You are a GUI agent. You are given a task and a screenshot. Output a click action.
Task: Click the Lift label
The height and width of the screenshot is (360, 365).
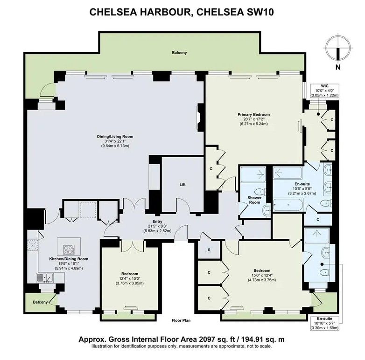(182, 185)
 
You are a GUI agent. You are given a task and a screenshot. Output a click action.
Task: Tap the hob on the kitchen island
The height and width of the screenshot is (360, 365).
(69, 249)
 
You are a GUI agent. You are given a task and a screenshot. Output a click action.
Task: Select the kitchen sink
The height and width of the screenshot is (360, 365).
(45, 278)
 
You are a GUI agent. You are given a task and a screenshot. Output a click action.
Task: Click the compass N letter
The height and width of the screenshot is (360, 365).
(338, 67)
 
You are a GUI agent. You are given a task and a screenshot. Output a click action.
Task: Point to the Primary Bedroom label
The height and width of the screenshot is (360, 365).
(254, 114)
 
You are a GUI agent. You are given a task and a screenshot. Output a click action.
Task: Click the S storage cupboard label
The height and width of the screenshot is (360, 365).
(209, 250)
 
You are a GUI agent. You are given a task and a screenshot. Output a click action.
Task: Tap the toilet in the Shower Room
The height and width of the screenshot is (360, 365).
(260, 192)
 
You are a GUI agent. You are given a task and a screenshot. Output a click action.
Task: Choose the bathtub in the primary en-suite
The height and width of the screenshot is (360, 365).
(288, 205)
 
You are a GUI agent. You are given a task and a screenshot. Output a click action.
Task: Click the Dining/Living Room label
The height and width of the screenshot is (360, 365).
(115, 137)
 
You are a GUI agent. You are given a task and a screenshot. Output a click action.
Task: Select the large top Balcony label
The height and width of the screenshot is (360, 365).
(179, 53)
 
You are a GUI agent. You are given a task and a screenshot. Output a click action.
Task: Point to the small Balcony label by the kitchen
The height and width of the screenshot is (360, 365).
(40, 302)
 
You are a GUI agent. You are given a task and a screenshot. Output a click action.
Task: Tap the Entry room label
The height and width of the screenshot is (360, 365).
(157, 222)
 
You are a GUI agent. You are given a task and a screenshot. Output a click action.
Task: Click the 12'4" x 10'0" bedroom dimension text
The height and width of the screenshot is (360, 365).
(130, 278)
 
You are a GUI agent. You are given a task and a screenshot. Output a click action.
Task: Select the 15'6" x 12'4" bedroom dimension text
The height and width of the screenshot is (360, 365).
(262, 275)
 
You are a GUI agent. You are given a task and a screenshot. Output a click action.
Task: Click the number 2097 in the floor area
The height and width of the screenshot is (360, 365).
(206, 339)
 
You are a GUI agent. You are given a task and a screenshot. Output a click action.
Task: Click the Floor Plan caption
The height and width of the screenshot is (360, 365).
(181, 320)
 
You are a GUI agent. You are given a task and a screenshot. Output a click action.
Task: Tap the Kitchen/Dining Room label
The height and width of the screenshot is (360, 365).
(69, 259)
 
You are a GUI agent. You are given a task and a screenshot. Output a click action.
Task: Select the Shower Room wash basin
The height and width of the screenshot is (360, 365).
(267, 210)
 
